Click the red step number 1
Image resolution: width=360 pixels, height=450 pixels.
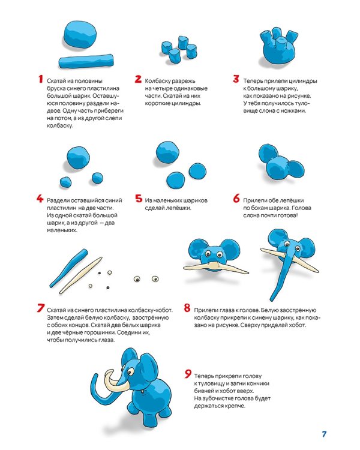tap(41, 79)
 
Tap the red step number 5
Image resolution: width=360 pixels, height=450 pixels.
tap(139, 199)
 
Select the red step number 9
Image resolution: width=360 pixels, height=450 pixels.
tap(188, 374)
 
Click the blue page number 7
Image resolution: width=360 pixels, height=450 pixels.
tap(325, 434)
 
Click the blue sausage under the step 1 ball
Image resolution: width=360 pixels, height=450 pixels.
tap(86, 61)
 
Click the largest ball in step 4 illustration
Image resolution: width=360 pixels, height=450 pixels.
tap(78, 158)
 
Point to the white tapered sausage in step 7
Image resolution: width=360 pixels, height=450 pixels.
tap(80, 275)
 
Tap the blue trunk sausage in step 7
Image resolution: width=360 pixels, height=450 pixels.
tap(68, 268)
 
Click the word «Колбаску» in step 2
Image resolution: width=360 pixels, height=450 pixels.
tap(157, 81)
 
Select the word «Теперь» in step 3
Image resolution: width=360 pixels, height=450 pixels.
tap(253, 81)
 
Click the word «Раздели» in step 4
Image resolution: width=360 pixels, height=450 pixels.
tap(58, 200)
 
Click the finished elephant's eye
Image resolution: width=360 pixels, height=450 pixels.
tap(130, 372)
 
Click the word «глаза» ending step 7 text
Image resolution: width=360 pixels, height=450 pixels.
tap(107, 340)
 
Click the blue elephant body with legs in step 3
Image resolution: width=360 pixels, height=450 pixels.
tap(278, 48)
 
